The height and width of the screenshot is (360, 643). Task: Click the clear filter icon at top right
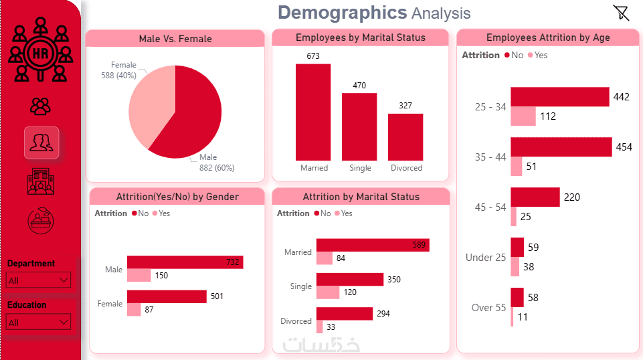[x=621, y=13]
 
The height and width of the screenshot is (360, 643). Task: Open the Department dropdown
[x=39, y=280]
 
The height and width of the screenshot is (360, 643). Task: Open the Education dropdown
[x=39, y=323]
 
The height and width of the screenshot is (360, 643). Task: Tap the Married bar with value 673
[x=313, y=111]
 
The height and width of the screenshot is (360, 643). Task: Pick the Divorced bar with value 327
[x=405, y=137]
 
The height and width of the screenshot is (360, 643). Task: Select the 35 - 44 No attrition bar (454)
[x=561, y=147]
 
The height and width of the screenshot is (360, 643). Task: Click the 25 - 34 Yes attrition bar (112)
[x=523, y=116]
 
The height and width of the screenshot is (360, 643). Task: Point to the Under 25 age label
[x=486, y=258]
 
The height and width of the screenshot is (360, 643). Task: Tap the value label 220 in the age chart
[x=572, y=197]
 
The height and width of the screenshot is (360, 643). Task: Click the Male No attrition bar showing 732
[x=185, y=262]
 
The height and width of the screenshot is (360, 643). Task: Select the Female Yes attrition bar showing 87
[x=134, y=310]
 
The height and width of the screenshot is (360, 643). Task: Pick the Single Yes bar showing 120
[x=328, y=292]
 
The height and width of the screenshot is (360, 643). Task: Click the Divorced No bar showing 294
[x=344, y=313]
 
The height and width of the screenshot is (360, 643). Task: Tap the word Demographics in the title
[x=342, y=12]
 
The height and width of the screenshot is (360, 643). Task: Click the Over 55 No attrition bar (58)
[x=517, y=297]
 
